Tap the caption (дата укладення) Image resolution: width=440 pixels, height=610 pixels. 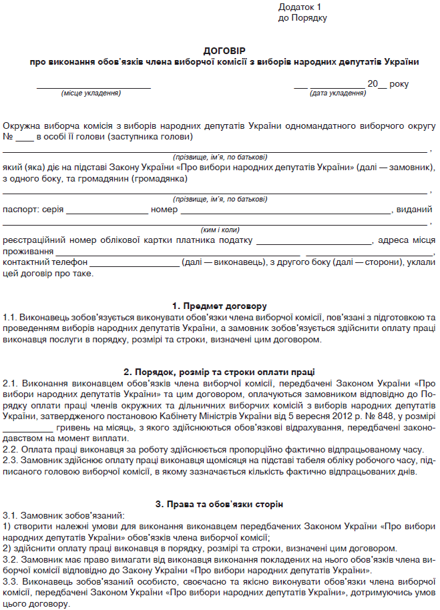pyautogui.click(x=337, y=94)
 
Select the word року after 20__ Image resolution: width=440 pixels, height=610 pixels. pyautogui.click(x=399, y=84)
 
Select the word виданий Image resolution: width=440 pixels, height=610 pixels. pyautogui.click(x=414, y=210)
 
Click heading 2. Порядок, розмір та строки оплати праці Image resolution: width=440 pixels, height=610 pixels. pyautogui.click(x=220, y=372)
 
